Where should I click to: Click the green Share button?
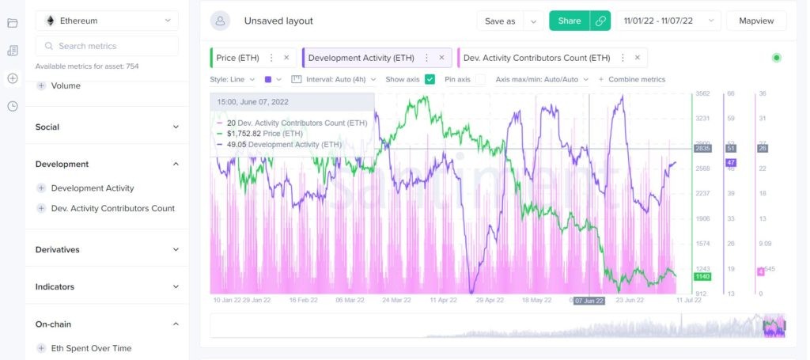tap(569, 21)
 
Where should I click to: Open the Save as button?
tap(500, 21)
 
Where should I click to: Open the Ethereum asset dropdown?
tap(107, 21)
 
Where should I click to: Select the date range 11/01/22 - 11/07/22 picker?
tap(668, 21)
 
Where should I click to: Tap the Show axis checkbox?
tap(430, 79)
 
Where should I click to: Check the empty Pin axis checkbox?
tap(481, 79)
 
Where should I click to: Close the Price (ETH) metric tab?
tap(286, 58)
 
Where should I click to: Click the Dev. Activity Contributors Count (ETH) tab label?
tap(536, 58)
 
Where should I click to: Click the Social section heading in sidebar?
tap(47, 127)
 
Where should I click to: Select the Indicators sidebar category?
tap(55, 286)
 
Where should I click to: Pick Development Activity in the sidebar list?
tap(93, 188)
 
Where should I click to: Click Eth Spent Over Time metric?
tap(91, 348)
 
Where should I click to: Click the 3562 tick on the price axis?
tap(702, 93)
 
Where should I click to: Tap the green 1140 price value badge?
tap(702, 277)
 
